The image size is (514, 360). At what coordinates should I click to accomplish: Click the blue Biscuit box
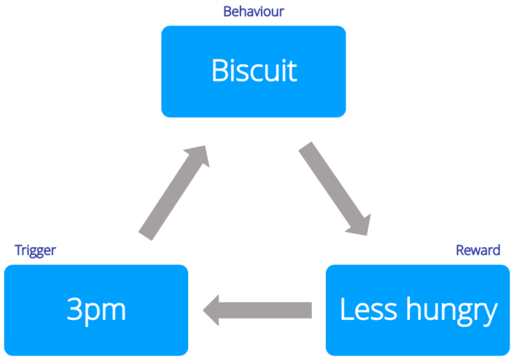tap(253, 71)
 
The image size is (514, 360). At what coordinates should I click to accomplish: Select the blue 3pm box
tap(96, 310)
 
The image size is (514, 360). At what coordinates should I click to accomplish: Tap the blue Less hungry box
tap(417, 310)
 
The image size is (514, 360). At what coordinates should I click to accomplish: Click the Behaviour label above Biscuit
tap(253, 12)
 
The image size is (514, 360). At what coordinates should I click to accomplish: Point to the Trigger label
tap(35, 250)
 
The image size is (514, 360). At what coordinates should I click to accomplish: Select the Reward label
tap(478, 250)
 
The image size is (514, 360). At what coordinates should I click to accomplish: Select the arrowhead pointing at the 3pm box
tap(214, 310)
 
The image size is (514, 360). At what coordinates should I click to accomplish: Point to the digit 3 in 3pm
tap(74, 310)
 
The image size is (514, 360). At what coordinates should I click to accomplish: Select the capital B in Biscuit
tap(219, 71)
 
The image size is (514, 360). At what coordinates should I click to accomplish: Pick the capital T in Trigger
tap(18, 250)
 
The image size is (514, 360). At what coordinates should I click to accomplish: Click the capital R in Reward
tap(460, 250)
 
